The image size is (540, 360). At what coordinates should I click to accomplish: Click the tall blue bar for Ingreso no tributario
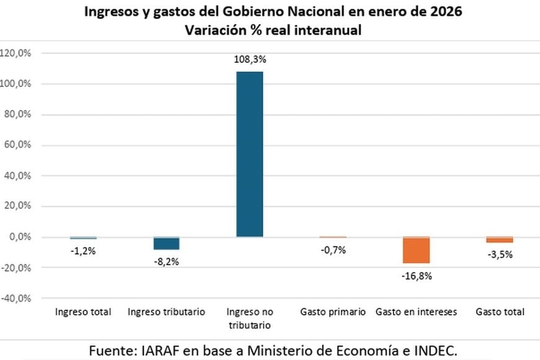pos(250,154)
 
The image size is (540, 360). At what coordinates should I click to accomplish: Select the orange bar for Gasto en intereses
pos(416,250)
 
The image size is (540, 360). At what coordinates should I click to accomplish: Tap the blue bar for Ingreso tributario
pos(166,243)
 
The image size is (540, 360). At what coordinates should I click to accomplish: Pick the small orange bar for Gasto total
pos(500,240)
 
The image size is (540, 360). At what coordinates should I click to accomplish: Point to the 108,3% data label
pos(250,60)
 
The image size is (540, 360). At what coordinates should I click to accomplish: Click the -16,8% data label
pos(416,276)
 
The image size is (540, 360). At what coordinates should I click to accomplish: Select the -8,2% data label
pos(166,261)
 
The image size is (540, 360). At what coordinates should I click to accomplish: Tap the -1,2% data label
pos(83,251)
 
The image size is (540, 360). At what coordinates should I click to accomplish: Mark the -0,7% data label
pos(333,250)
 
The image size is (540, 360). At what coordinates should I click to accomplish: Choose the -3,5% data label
pos(500,254)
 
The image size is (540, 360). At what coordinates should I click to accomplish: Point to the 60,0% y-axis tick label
pos(18,145)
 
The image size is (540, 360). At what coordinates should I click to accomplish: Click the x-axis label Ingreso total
pos(83,312)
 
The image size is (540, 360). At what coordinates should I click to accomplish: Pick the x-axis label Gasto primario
pos(333,312)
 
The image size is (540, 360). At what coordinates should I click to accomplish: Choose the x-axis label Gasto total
pos(500,312)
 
